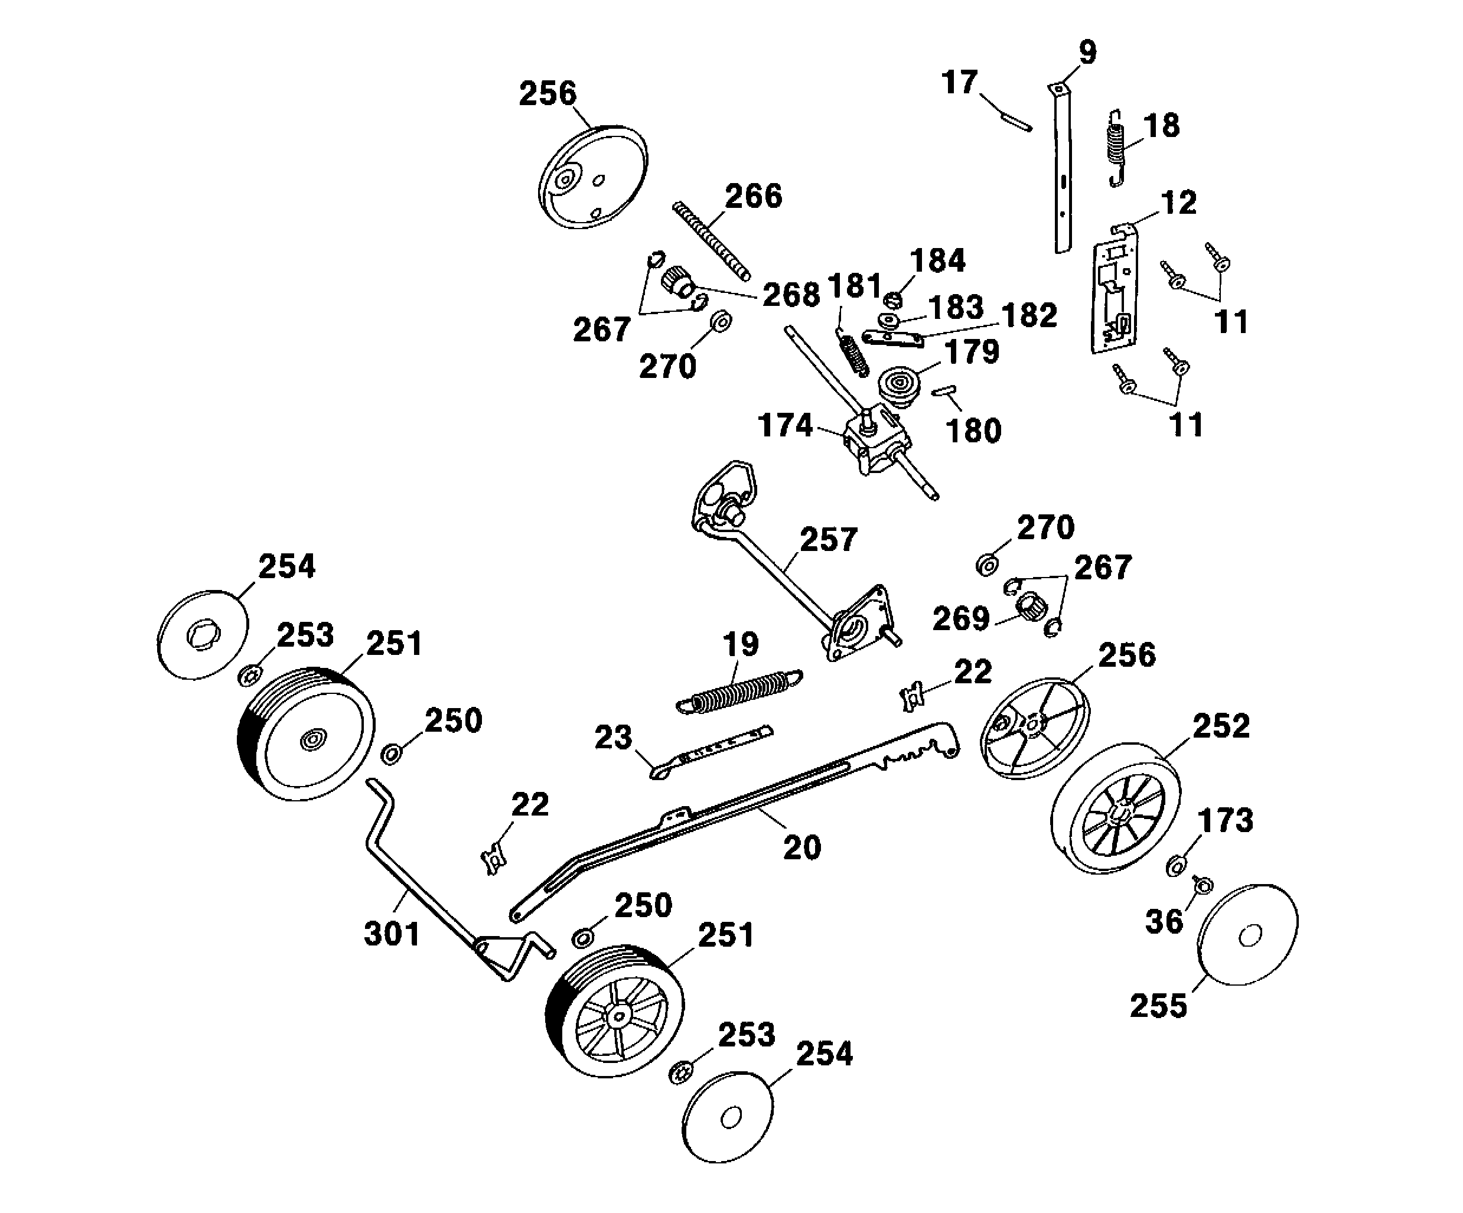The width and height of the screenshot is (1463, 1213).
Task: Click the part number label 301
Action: pos(392,934)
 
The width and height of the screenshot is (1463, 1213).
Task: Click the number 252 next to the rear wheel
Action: pos(1221,726)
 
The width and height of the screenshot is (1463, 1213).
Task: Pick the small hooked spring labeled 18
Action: pos(1116,148)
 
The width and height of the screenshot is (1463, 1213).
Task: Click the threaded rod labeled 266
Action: pos(711,241)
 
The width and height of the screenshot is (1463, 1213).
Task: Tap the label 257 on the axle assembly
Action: pos(827,540)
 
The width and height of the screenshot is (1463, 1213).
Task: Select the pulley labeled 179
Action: pos(900,387)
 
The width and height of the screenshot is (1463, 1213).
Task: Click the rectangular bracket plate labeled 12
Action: pos(1115,293)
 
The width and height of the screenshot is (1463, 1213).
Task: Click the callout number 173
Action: pos(1226,820)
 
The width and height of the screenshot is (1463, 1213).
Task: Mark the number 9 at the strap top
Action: pos(1087,52)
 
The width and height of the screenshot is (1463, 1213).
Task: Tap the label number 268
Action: pos(791,295)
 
